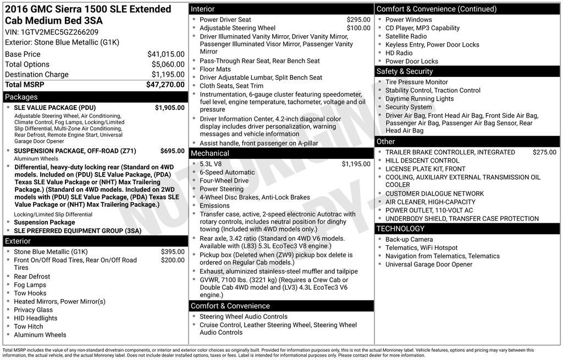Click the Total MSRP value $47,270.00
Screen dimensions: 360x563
tap(165, 85)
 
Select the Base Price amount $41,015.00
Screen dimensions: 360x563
tap(165, 54)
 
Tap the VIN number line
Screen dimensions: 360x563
tap(52, 32)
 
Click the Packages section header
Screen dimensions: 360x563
tap(21, 97)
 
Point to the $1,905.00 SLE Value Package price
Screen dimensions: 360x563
tap(169, 108)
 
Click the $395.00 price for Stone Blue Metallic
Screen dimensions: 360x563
tap(173, 252)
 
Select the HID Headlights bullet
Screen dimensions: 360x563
tap(35, 318)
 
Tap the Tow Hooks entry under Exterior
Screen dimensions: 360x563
tap(30, 293)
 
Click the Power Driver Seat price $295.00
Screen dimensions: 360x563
tap(358, 20)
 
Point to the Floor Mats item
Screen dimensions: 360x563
tap(215, 69)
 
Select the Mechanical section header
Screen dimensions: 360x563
tap(209, 153)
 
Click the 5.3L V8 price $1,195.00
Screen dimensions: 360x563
tap(356, 164)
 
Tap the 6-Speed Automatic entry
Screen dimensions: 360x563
tap(227, 172)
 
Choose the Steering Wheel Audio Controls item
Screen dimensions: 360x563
tap(243, 317)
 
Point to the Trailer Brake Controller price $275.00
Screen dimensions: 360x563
tap(544, 152)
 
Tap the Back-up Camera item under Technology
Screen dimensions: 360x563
tap(409, 240)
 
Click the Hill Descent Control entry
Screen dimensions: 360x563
tap(422, 160)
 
